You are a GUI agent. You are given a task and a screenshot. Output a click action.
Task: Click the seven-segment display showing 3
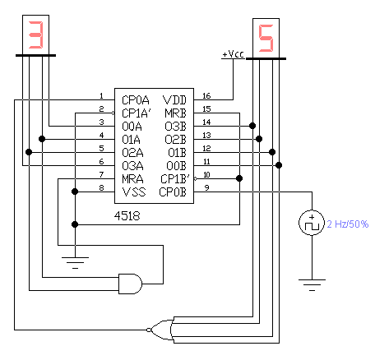click(35, 35)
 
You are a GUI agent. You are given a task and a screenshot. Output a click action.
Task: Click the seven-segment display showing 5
click(266, 39)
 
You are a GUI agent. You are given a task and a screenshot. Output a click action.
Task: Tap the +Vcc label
click(233, 54)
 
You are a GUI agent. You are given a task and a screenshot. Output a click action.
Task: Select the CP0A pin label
click(136, 100)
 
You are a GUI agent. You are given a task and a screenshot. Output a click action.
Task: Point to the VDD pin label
click(174, 100)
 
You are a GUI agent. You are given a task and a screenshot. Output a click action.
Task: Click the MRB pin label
click(175, 113)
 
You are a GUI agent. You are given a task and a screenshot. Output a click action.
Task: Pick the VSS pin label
click(134, 192)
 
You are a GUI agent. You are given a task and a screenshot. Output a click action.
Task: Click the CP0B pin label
click(173, 192)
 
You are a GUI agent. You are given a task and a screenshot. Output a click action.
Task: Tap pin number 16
click(206, 96)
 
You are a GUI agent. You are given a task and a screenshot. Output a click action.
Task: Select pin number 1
click(101, 96)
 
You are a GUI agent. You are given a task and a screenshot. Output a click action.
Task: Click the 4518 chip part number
click(127, 216)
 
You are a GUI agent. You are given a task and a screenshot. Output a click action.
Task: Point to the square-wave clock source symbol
click(312, 223)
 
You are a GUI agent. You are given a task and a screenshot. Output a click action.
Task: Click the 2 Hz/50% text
click(348, 224)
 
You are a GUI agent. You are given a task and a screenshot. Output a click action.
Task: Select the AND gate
click(130, 284)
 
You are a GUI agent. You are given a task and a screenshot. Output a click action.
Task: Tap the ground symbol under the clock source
click(312, 285)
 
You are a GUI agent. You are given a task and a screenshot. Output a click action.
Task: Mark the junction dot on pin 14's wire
click(252, 126)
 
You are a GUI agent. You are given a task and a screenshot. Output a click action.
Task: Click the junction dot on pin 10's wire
click(239, 178)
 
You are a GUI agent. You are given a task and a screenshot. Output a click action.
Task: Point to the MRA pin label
click(132, 179)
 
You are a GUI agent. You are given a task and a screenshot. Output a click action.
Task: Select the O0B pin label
click(176, 166)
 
